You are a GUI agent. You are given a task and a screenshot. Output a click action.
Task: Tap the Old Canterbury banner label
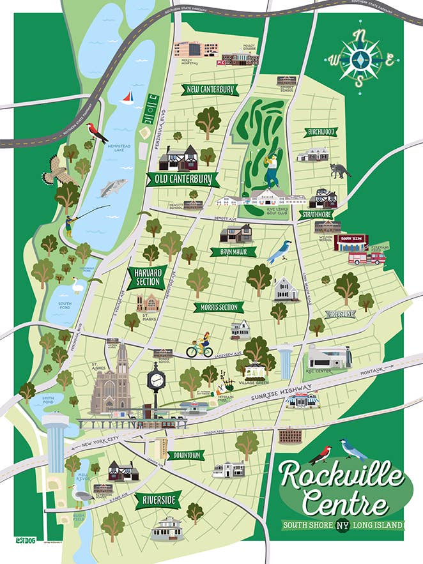182,180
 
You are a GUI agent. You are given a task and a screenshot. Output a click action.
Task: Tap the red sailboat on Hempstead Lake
127,98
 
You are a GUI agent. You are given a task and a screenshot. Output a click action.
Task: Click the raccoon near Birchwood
341,171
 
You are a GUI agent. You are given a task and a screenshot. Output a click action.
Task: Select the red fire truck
367,257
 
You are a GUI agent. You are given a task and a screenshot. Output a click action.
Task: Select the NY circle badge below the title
342,526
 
